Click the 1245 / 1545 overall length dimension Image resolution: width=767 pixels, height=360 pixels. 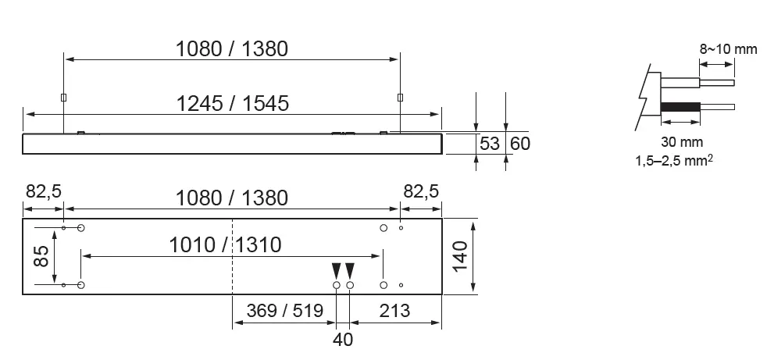[x=232, y=102]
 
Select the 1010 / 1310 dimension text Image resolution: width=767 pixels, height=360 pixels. [x=226, y=244]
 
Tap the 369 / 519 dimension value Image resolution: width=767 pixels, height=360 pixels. [x=284, y=311]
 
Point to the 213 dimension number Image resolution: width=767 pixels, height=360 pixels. [x=394, y=311]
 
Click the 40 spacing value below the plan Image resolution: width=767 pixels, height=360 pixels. [x=343, y=339]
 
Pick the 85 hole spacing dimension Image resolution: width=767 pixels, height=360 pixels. [x=41, y=257]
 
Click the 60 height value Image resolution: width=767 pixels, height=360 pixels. [x=519, y=144]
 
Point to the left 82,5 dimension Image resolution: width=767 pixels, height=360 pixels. [x=43, y=192]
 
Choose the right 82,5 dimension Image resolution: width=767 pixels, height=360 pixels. [x=421, y=192]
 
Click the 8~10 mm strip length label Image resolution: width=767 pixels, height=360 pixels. [x=728, y=49]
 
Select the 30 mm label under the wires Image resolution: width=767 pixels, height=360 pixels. [x=680, y=142]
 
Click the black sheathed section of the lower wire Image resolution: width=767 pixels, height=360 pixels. [x=680, y=107]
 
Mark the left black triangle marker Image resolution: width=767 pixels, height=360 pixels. [x=336, y=270]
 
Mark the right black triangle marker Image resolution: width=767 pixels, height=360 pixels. [x=350, y=270]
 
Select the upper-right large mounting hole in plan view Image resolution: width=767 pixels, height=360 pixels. [x=383, y=227]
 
